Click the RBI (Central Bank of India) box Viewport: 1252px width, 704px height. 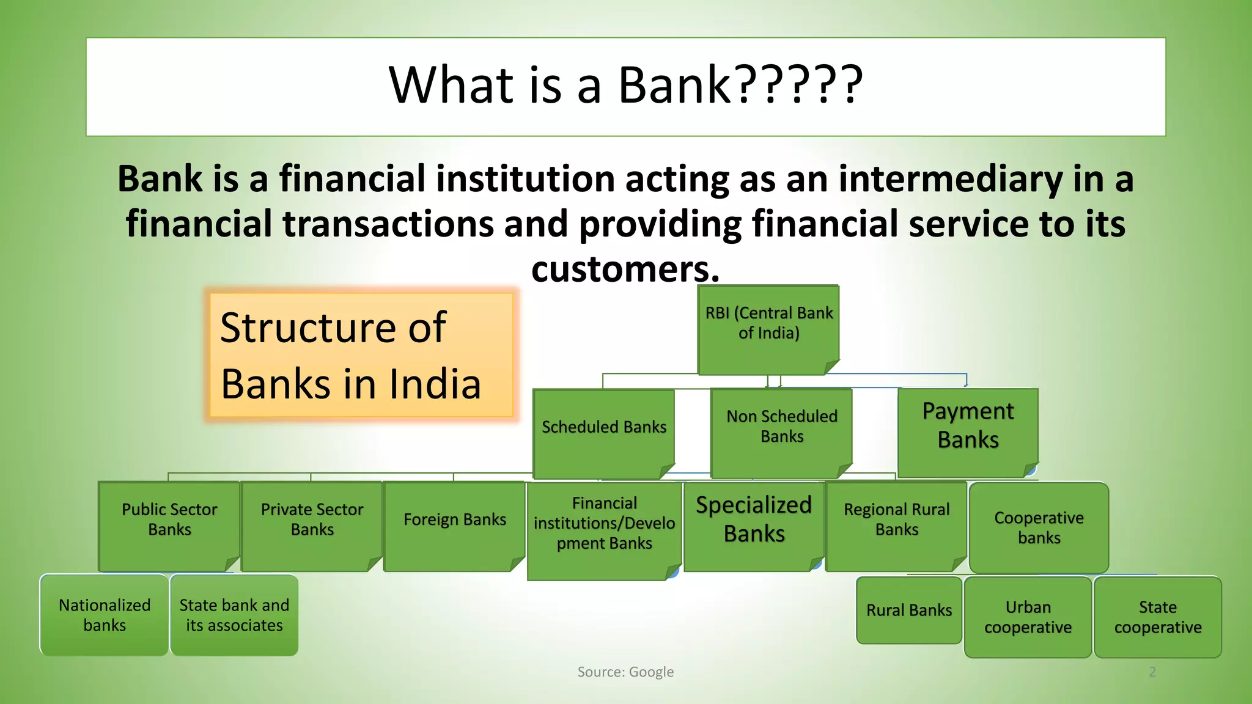click(768, 329)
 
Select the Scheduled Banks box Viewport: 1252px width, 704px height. click(603, 433)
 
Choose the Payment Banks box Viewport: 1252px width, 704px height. click(968, 432)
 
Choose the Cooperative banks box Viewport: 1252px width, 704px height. click(1039, 527)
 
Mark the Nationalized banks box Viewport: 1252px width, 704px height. click(105, 615)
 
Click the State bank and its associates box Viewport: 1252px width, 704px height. click(234, 615)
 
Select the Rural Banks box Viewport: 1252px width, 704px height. click(909, 610)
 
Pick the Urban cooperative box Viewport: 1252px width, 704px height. click(1028, 617)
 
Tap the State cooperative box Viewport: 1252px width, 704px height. click(1157, 617)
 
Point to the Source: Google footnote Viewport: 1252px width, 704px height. click(625, 672)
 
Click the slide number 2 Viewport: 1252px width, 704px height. click(1152, 672)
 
